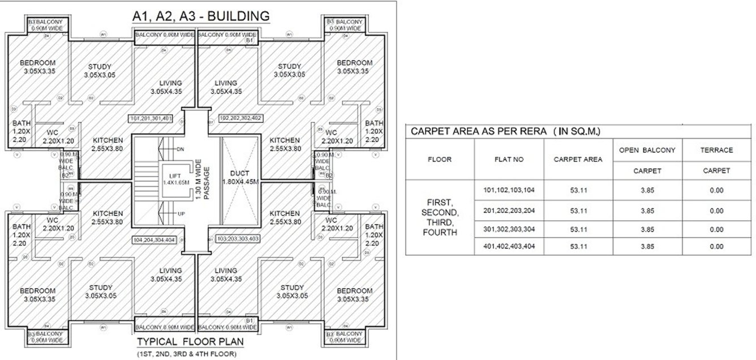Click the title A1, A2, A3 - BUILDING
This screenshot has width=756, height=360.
(200, 16)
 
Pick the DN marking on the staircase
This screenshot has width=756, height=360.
(180, 149)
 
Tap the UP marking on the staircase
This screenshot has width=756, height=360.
(180, 213)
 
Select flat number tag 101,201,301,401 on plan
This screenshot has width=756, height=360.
(151, 119)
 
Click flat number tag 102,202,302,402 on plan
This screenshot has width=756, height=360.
(240, 119)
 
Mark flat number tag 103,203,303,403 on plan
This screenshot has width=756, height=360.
(237, 239)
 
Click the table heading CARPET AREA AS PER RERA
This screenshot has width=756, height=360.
(505, 131)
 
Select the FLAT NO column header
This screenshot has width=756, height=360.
(509, 160)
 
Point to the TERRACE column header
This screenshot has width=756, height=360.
(716, 150)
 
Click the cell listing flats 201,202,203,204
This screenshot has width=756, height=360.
(509, 211)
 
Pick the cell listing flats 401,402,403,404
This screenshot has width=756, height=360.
(509, 246)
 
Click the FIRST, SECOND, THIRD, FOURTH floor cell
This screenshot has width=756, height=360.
(440, 217)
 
